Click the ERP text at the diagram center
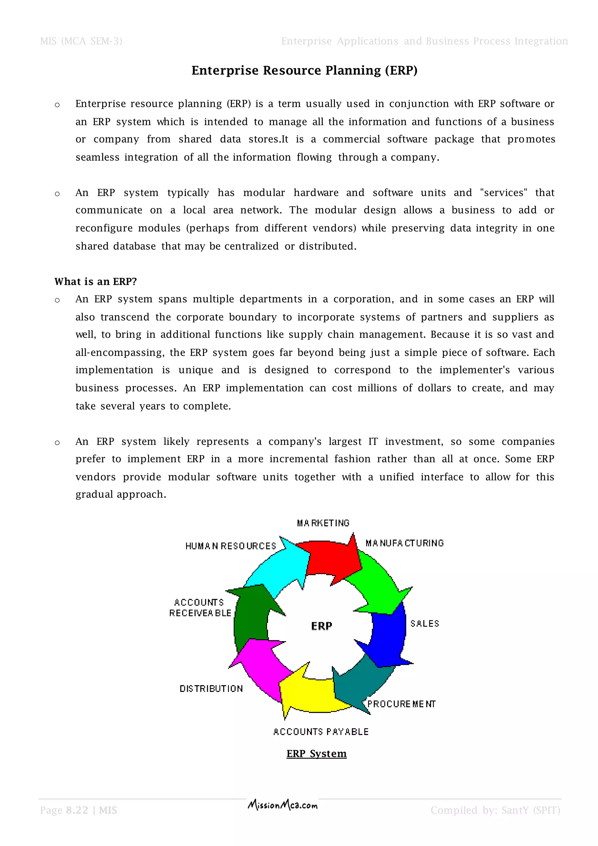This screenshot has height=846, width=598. [x=321, y=626]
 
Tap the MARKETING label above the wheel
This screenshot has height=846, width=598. [x=323, y=523]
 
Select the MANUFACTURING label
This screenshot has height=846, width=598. [x=404, y=543]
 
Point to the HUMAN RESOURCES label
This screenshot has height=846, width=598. [x=230, y=546]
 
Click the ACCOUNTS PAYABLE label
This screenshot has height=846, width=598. [x=321, y=732]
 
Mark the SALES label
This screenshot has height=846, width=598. [x=425, y=623]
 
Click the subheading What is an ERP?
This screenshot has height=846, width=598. [x=96, y=282]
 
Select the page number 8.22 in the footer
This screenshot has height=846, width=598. [x=77, y=810]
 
